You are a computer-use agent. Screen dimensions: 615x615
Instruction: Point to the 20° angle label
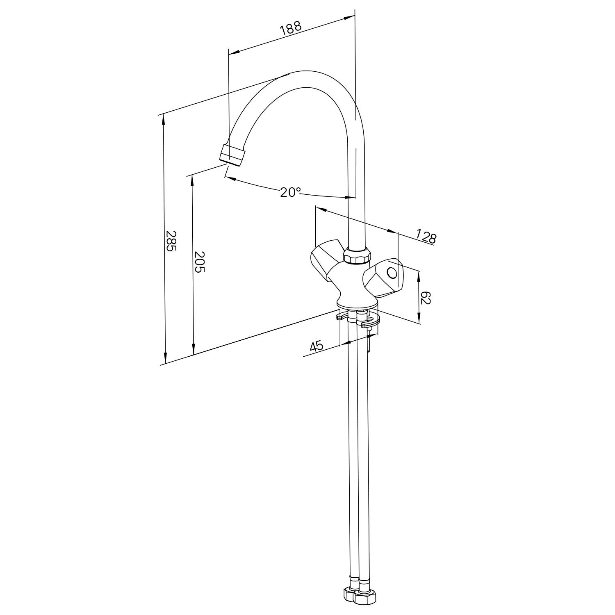click(x=290, y=192)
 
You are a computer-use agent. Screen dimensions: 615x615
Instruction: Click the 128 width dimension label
click(x=426, y=237)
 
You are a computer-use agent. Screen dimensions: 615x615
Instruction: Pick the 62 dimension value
click(x=426, y=298)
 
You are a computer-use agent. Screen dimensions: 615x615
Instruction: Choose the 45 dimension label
click(x=317, y=346)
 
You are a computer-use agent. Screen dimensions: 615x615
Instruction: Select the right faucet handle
click(x=382, y=278)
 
